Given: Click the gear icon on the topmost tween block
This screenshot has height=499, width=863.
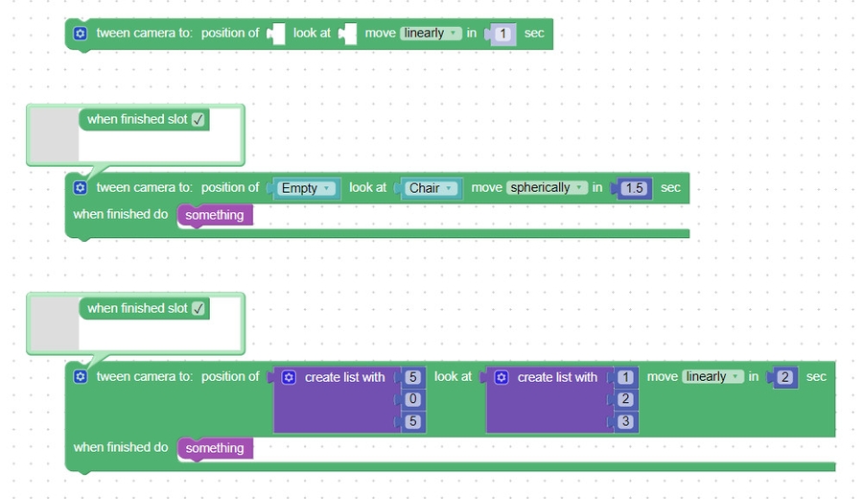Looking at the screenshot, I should tap(81, 34).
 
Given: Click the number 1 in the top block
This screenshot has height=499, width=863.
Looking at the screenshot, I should tap(503, 35).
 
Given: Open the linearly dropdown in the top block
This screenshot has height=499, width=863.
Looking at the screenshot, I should tap(431, 34).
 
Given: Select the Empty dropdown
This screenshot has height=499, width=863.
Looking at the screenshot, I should tap(306, 189).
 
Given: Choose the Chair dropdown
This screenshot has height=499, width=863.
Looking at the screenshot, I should tap(431, 189).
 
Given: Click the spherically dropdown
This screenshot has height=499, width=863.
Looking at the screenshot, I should tap(547, 188).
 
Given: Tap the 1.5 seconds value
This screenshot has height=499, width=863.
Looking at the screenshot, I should tap(634, 189).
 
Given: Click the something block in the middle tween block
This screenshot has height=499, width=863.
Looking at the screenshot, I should tap(215, 215).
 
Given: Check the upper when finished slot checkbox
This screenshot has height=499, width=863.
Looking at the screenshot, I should tap(198, 120).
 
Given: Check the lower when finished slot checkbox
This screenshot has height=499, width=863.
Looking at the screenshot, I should tap(198, 309).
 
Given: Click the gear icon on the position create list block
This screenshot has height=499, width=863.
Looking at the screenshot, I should tap(290, 378).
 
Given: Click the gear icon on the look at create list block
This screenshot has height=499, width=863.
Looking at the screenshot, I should tap(501, 378).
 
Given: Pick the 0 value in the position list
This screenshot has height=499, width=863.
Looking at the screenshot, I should tap(413, 399).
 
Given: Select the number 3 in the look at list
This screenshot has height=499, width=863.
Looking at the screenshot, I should tap(626, 421).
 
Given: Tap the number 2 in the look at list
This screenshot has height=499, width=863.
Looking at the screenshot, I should tap(626, 399).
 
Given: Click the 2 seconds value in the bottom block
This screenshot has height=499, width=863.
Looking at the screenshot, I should tap(785, 378).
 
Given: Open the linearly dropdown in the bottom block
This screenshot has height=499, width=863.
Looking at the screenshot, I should tap(712, 377).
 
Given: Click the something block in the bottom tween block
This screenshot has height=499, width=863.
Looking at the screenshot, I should tap(215, 448).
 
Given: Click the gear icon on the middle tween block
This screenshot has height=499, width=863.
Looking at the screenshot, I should tap(81, 188).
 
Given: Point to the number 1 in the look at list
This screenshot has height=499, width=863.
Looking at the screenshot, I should tap(626, 378).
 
